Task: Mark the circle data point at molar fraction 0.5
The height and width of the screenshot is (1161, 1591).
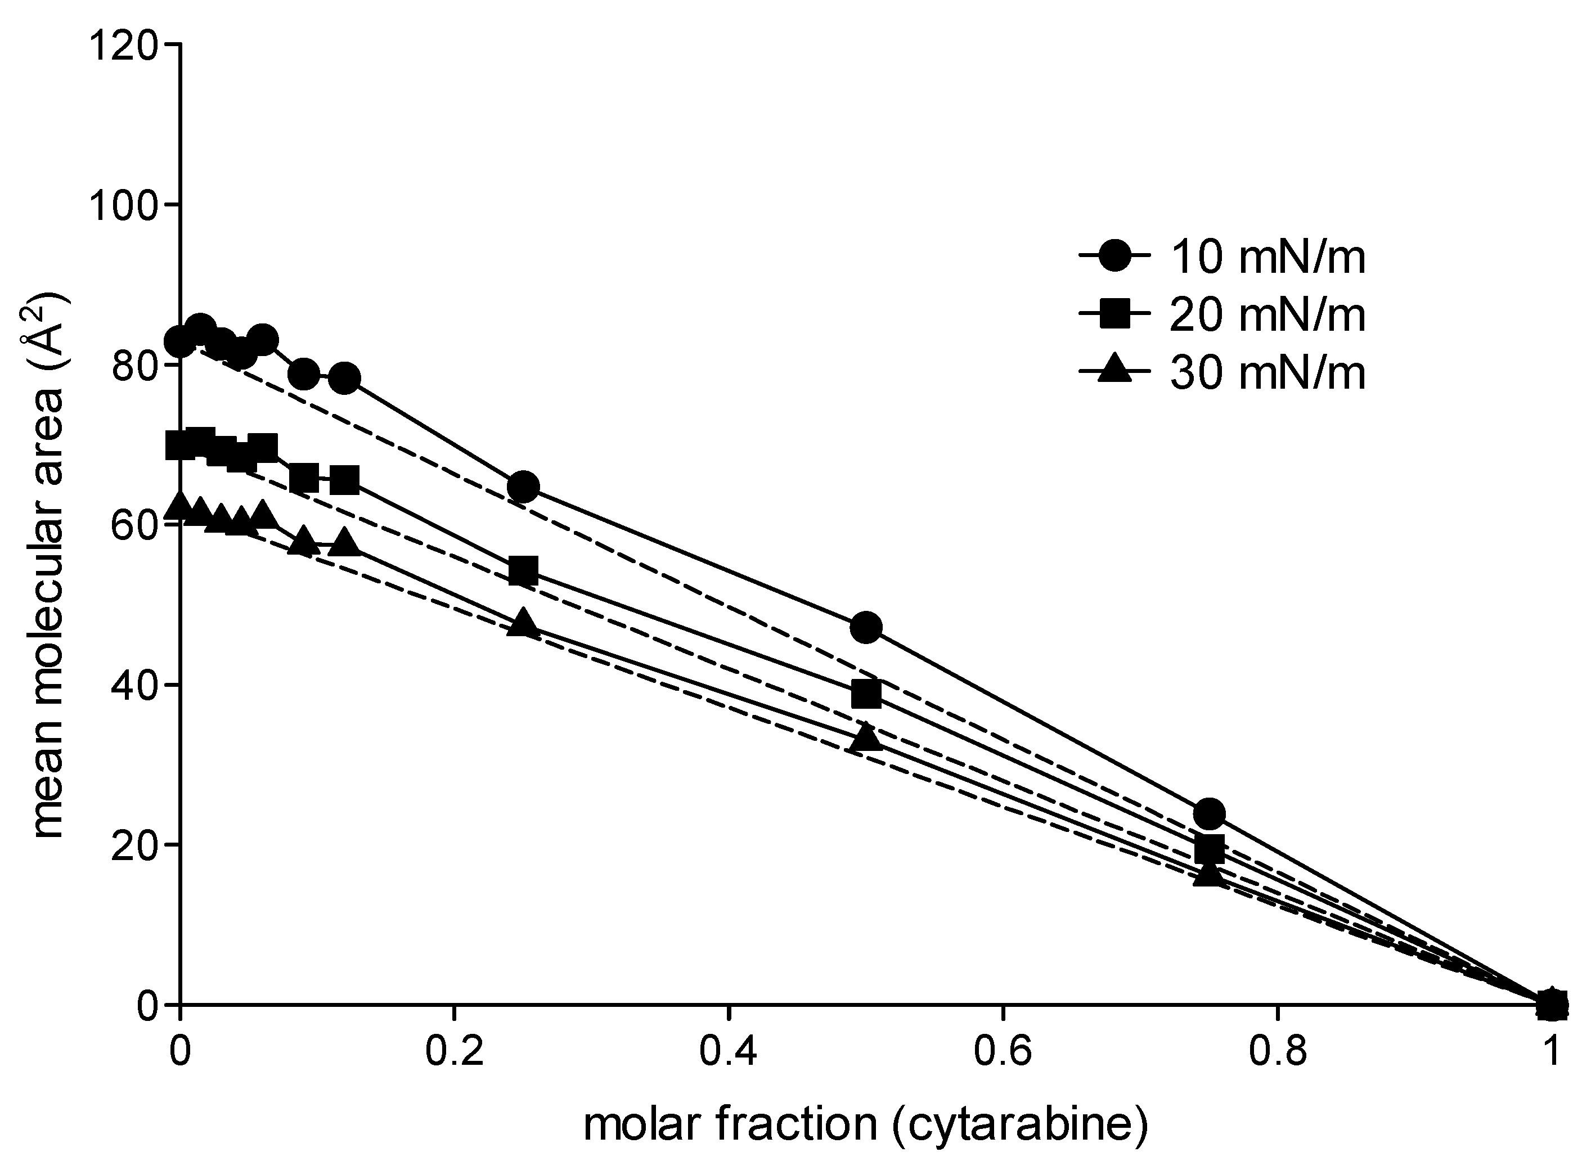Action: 866,628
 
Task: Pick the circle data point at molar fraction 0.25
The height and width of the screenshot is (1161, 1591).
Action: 523,487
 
